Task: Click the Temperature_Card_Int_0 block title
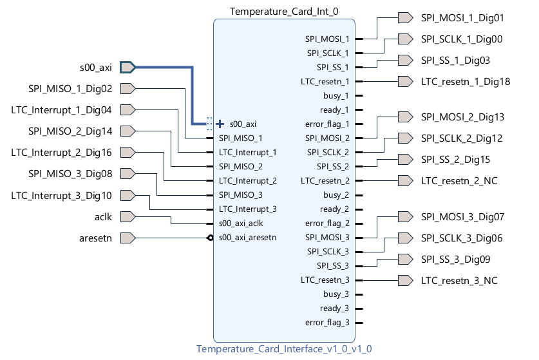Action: click(x=284, y=11)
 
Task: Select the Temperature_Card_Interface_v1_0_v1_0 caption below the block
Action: click(x=284, y=349)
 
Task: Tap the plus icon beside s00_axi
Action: click(x=220, y=124)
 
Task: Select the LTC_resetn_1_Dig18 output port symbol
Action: click(x=405, y=81)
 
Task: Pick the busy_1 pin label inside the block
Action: click(x=336, y=95)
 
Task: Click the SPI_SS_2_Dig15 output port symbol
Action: click(x=405, y=159)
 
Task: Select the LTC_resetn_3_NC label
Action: click(x=459, y=280)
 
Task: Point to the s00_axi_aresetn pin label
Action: click(x=247, y=238)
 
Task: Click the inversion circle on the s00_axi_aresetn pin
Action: click(x=210, y=238)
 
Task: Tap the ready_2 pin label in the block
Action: click(x=334, y=209)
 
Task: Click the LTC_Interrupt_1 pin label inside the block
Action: click(x=247, y=152)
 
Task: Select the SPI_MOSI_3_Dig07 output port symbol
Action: click(x=405, y=216)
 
